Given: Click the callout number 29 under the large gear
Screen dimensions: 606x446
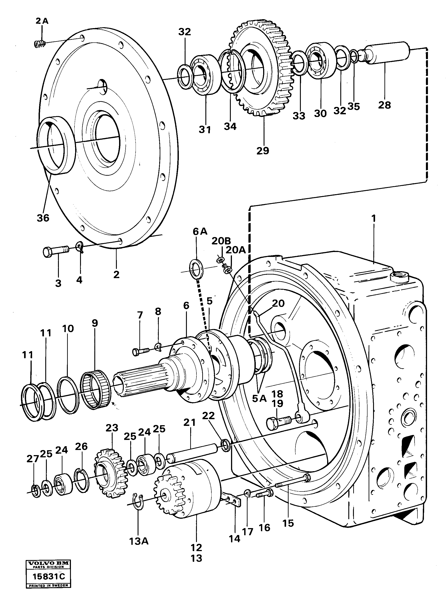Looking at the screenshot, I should (263, 151).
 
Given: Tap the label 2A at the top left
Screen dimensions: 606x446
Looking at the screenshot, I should (42, 21).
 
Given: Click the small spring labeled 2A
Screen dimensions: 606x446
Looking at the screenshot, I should (39, 43).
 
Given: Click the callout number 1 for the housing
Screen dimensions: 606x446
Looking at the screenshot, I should (374, 218).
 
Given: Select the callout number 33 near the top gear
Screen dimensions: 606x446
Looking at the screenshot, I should (299, 116).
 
